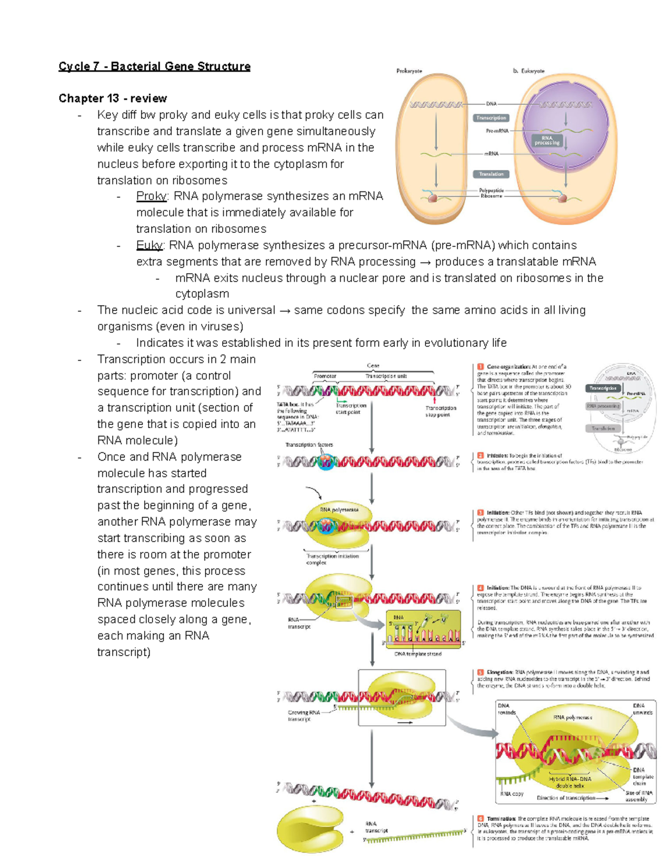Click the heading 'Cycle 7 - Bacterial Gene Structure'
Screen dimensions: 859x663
pos(154,66)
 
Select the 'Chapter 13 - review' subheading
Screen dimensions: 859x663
pos(113,98)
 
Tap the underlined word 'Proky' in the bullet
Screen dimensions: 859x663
pos(151,196)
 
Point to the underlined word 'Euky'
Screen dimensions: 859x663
pos(149,245)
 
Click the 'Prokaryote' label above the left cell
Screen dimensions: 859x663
pos(409,71)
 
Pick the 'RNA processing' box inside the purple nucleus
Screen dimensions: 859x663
pos(546,140)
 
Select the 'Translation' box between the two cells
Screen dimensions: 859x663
pos(491,174)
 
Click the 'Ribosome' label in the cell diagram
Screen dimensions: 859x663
pos(491,196)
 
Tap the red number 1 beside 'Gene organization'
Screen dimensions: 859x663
pos(480,366)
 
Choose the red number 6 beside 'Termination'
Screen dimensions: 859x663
pos(480,818)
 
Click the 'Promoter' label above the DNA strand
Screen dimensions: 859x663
pos(325,376)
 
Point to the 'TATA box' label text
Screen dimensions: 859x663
pos(287,404)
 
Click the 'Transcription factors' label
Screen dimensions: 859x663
pos(309,445)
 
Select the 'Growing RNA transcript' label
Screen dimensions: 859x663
pos(304,716)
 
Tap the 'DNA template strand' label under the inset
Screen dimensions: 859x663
pos(418,654)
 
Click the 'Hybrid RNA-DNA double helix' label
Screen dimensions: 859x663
pos(570,782)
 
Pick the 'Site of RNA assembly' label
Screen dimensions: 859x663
pos(639,796)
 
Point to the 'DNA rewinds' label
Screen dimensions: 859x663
pos(506,709)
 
